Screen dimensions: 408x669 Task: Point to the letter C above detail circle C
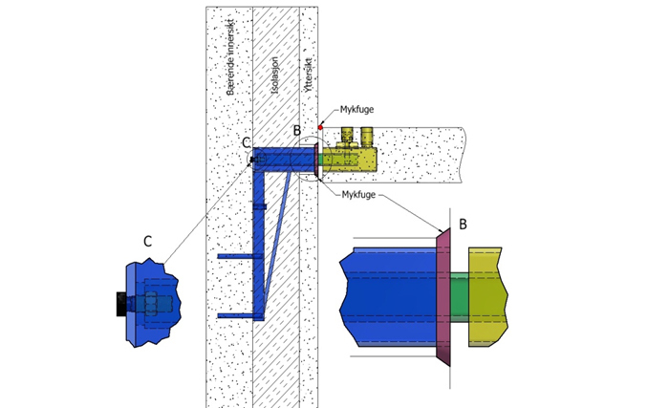pos(247,142)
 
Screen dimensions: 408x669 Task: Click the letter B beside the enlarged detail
pos(463,225)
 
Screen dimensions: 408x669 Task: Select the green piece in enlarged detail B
pos(459,297)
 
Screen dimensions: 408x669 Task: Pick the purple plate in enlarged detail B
pos(443,297)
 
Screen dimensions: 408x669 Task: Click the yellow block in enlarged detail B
pos(486,297)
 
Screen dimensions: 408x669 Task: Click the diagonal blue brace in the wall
pos(278,239)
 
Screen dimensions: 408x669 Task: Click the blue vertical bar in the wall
pos(258,239)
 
